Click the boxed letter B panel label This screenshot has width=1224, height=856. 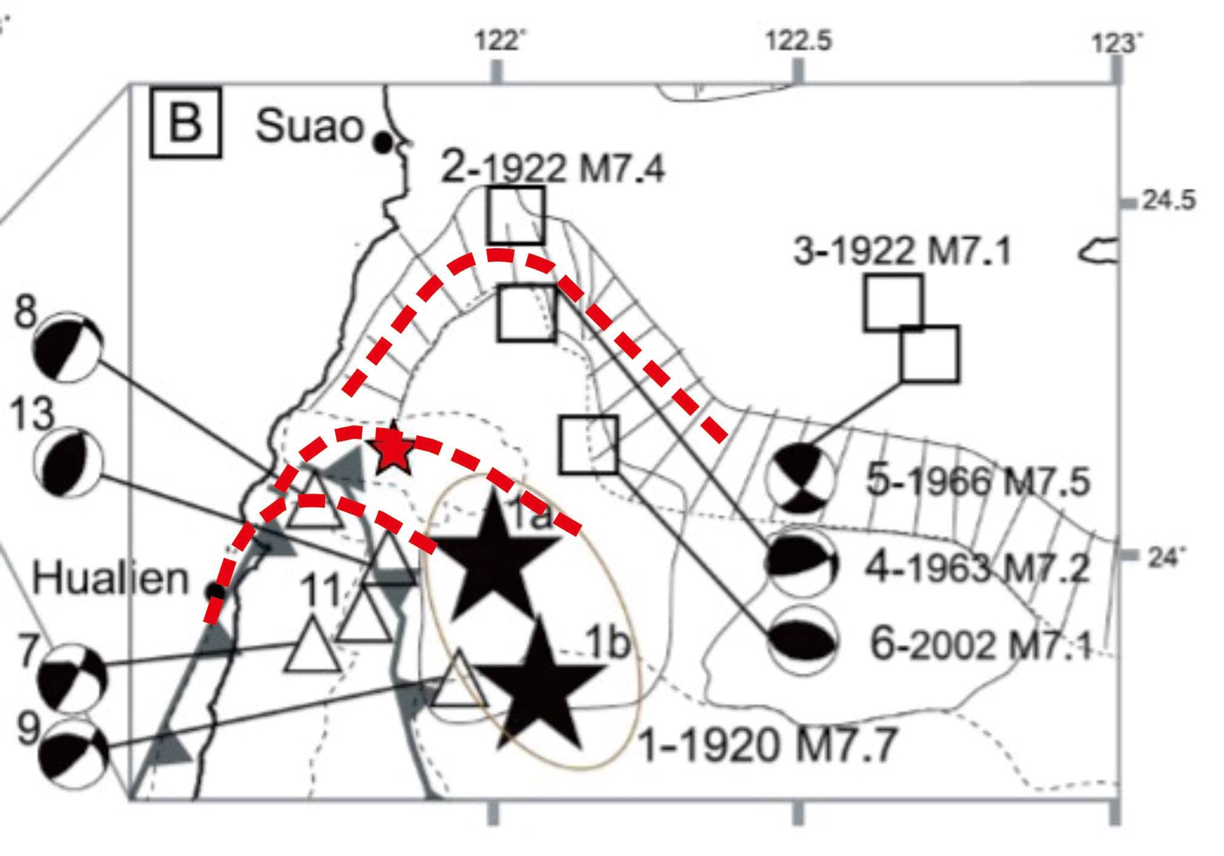185,123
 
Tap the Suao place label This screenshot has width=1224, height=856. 309,126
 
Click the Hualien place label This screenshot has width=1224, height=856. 110,579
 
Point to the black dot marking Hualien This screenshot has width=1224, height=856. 214,590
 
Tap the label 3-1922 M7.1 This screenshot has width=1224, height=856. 903,251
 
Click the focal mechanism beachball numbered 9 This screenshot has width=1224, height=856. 73,753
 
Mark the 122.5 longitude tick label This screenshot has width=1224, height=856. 797,42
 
